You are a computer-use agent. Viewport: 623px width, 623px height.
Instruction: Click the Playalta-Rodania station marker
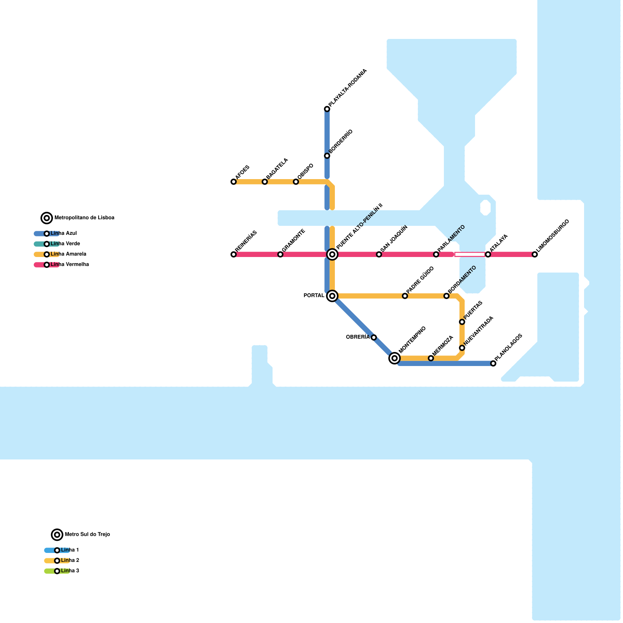pyautogui.click(x=327, y=109)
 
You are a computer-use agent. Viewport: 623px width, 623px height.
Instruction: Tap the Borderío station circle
pyautogui.click(x=327, y=156)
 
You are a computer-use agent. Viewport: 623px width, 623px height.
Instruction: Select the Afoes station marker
pyautogui.click(x=234, y=182)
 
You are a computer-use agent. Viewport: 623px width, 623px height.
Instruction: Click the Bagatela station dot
pyautogui.click(x=265, y=182)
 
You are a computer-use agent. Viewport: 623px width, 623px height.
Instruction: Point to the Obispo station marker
pyautogui.click(x=296, y=182)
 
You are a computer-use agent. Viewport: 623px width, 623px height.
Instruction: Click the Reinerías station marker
pyautogui.click(x=234, y=255)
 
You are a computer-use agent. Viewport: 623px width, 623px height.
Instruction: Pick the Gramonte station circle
pyautogui.click(x=280, y=255)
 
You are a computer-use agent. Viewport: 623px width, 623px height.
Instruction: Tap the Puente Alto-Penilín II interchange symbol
pyautogui.click(x=332, y=255)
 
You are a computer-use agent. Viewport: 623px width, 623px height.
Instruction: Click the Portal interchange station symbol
pyautogui.click(x=332, y=296)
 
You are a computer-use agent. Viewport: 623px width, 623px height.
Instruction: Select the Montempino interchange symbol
pyautogui.click(x=394, y=358)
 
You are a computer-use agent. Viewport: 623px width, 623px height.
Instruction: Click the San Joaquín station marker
pyautogui.click(x=379, y=255)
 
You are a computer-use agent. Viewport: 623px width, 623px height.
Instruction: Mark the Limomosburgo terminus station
pyautogui.click(x=535, y=255)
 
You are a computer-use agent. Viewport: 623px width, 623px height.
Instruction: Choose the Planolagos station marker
pyautogui.click(x=493, y=364)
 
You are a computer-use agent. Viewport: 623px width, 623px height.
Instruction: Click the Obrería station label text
pyautogui.click(x=357, y=337)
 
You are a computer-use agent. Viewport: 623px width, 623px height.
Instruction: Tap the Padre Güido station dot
pyautogui.click(x=405, y=296)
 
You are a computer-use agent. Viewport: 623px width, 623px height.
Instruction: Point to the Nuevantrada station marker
pyautogui.click(x=462, y=348)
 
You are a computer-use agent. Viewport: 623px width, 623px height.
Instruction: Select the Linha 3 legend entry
pyautogui.click(x=70, y=571)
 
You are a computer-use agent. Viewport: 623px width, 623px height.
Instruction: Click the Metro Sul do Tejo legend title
pyautogui.click(x=87, y=535)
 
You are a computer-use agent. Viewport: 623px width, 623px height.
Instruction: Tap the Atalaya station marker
pyautogui.click(x=488, y=255)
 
